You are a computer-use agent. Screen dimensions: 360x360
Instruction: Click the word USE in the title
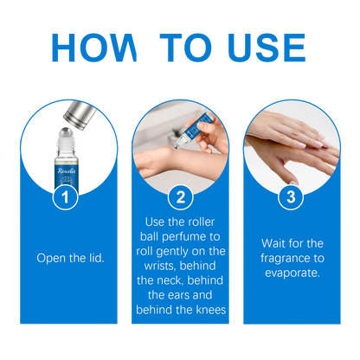pyautogui.click(x=267, y=48)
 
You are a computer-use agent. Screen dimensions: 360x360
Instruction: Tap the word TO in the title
pyautogui.click(x=186, y=48)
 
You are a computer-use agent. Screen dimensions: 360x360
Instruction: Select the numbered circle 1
pyautogui.click(x=65, y=197)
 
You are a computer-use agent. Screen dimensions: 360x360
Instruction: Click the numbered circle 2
pyautogui.click(x=181, y=197)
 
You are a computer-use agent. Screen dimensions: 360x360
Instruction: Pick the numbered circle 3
pyautogui.click(x=291, y=197)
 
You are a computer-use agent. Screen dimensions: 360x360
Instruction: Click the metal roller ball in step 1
pyautogui.click(x=66, y=134)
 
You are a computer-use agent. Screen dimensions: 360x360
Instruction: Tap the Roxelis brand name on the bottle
pyautogui.click(x=67, y=170)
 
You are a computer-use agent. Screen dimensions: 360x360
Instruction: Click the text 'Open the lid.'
pyautogui.click(x=70, y=258)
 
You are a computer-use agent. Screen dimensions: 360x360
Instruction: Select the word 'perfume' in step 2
pyautogui.click(x=183, y=237)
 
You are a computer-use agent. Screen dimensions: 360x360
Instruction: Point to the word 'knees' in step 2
pyautogui.click(x=211, y=310)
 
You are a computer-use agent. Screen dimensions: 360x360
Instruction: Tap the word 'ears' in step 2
pyautogui.click(x=178, y=295)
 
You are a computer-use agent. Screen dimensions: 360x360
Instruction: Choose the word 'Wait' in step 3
pyautogui.click(x=273, y=243)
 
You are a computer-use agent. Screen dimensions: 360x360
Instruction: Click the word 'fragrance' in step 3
pyautogui.click(x=285, y=259)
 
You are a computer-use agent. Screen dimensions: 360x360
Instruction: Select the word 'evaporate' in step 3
pyautogui.click(x=291, y=273)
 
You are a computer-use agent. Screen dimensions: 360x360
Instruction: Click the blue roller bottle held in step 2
pyautogui.click(x=194, y=129)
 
